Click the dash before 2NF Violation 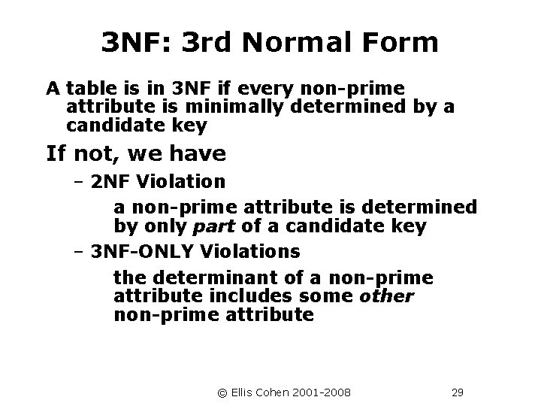tap(79, 181)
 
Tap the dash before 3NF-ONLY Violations tap(79, 250)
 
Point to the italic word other tap(386, 296)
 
